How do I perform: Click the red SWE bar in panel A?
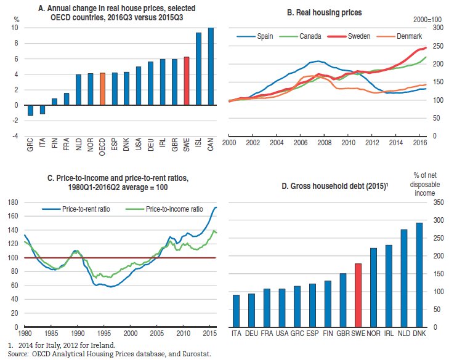[186, 81]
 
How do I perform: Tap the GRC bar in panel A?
[30, 110]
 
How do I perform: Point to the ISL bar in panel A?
[198, 69]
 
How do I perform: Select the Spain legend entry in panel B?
[255, 36]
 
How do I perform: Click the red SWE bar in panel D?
[357, 295]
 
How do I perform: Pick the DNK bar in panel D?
[420, 274]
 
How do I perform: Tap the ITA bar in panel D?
[237, 311]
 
